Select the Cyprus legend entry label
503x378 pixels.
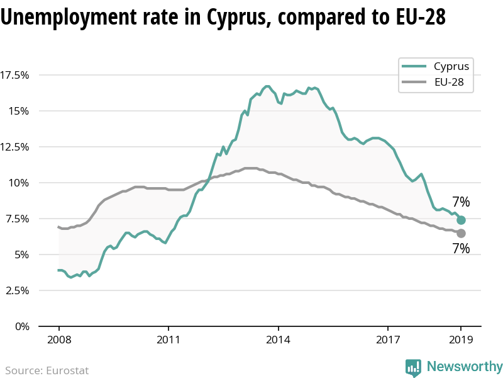451,66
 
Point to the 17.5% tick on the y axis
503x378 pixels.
15,76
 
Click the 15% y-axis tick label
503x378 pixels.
19,111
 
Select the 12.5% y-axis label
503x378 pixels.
15,147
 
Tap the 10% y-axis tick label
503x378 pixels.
19,183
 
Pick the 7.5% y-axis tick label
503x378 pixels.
16,219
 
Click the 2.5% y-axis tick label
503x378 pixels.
16,290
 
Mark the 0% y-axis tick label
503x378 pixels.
21,326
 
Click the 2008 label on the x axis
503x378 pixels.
58,340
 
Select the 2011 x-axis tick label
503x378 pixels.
168,340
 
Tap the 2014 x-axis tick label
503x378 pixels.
278,340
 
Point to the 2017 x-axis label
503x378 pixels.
387,340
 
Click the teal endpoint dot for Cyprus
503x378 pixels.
461,220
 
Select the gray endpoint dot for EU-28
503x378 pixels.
461,233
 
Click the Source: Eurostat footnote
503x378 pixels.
47,370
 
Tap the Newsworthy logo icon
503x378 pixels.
413,367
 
